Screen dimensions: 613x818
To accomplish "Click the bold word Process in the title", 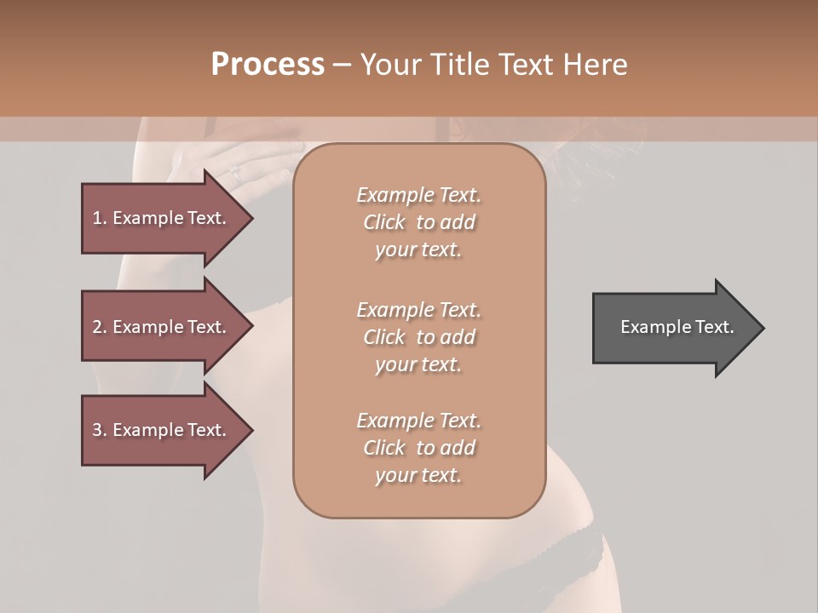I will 268,65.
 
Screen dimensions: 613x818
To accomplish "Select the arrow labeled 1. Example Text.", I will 162,218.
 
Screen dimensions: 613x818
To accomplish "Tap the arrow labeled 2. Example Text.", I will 162,327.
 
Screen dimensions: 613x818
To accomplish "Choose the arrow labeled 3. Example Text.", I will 162,430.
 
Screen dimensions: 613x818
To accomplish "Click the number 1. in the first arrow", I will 100,218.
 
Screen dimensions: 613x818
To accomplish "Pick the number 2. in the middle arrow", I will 100,327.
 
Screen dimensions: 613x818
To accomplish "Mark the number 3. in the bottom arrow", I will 100,430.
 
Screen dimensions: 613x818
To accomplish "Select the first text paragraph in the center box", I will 418,222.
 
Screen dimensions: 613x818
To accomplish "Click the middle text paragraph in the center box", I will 418,337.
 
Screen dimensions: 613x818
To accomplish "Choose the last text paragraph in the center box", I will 418,448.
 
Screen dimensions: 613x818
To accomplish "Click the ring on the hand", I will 234,173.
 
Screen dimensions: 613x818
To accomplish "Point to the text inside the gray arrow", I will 677,327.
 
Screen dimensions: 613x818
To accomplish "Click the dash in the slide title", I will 342,65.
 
